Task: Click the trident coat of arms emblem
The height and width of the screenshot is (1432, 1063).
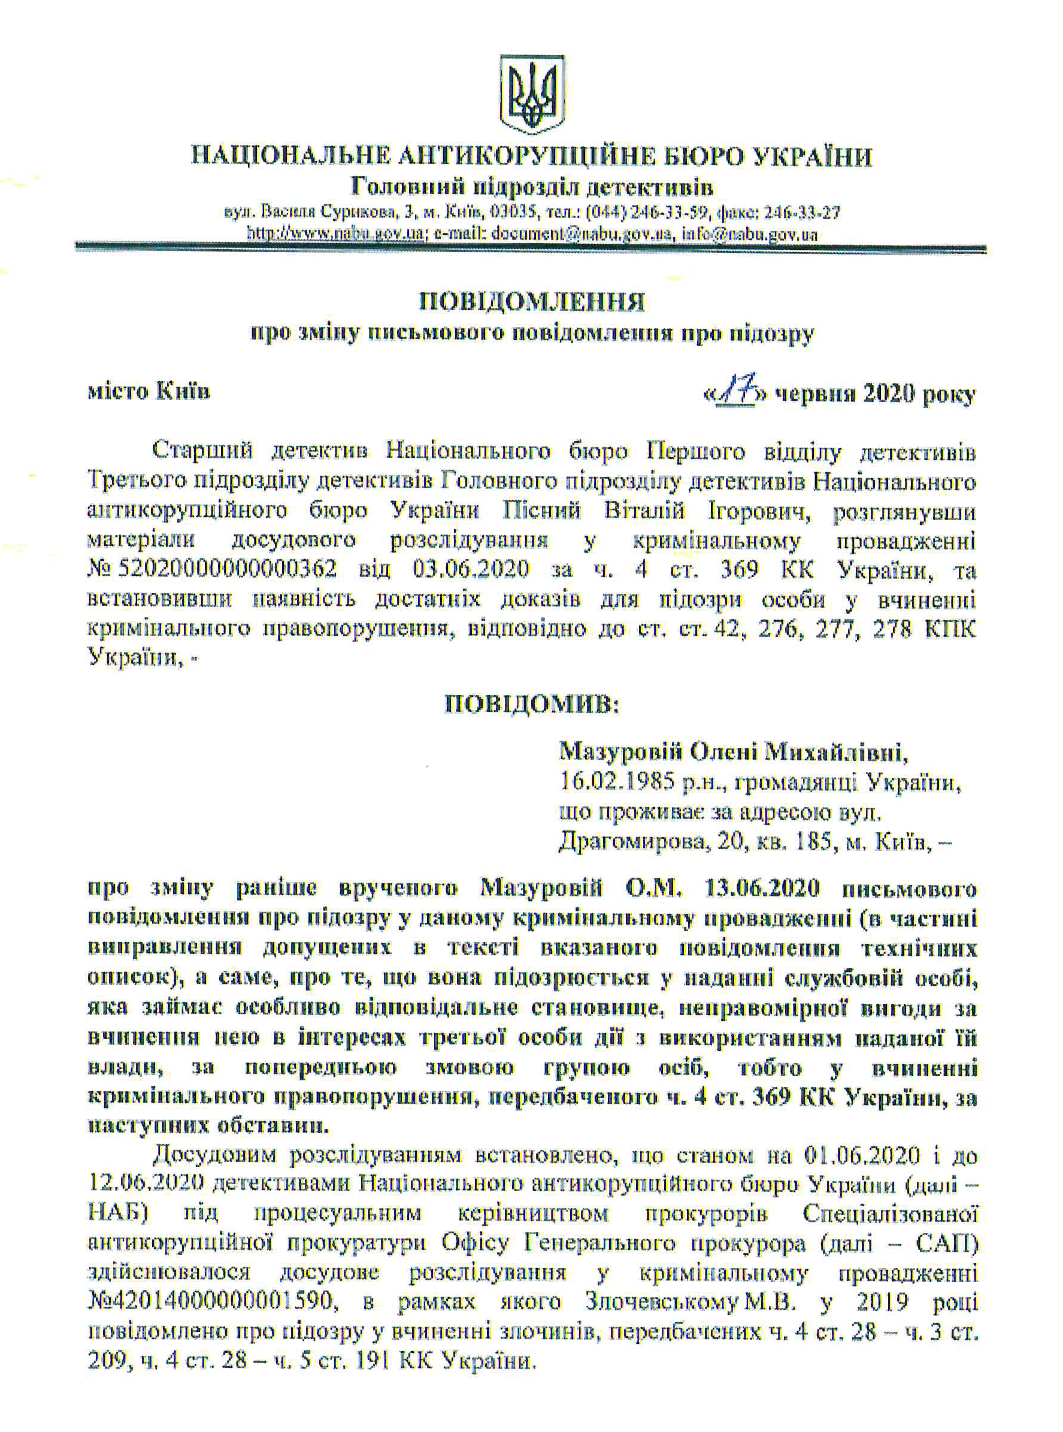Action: pos(532,95)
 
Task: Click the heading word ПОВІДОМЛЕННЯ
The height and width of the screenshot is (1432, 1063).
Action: pos(532,302)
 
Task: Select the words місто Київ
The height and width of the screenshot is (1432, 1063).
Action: pos(149,391)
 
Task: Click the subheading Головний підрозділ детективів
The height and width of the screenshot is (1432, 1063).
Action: pos(532,188)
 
